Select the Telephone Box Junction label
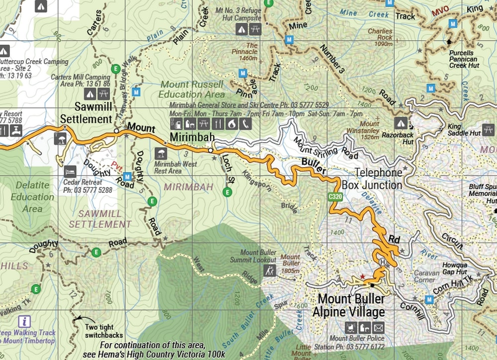pos(379,179)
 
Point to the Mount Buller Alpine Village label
pos(351,305)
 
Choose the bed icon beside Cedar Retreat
pos(70,171)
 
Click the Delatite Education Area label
pos(32,197)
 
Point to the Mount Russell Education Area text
pos(192,90)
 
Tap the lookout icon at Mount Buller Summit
pos(270,271)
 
